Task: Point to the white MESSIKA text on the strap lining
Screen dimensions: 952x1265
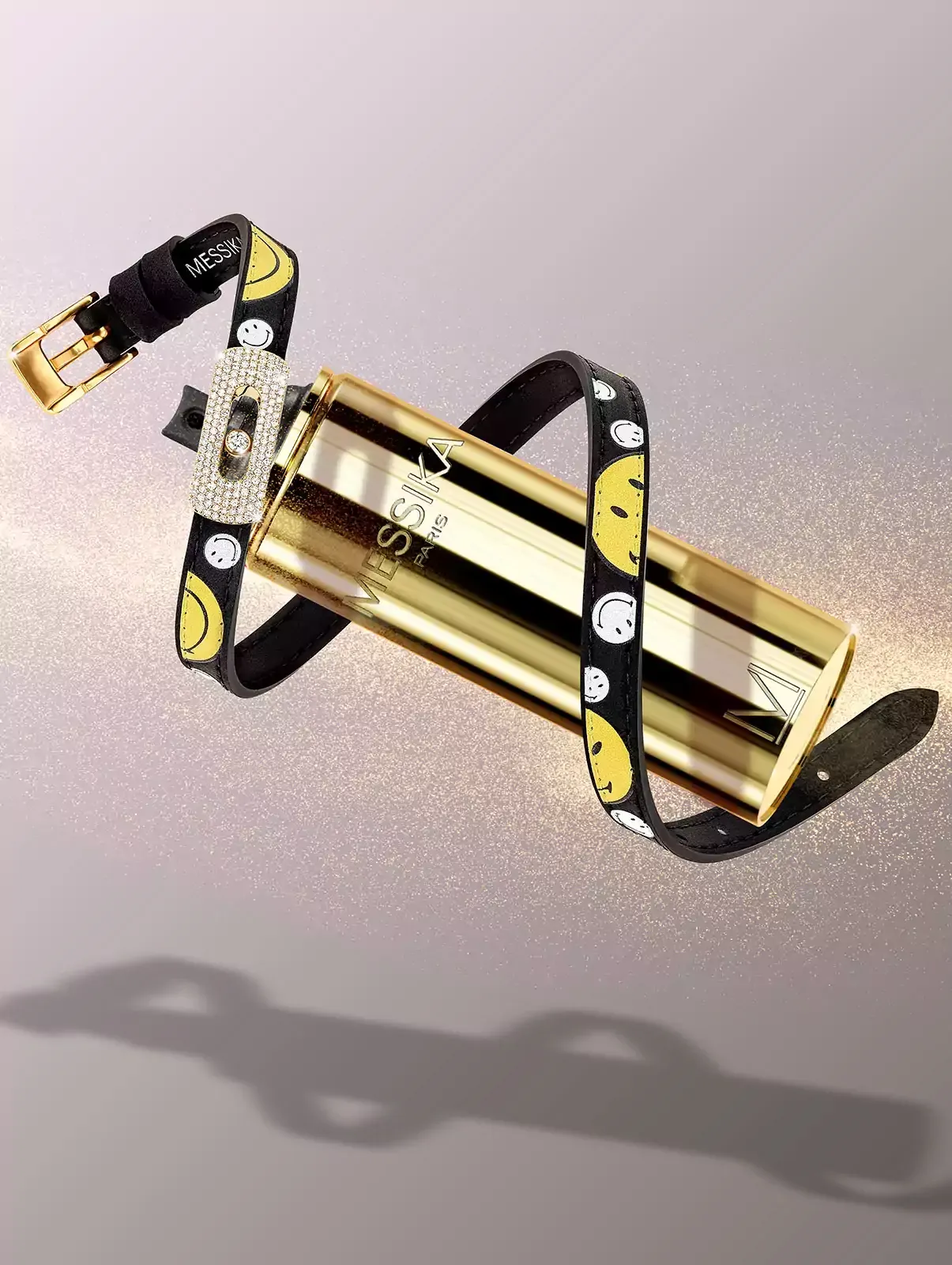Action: pos(212,254)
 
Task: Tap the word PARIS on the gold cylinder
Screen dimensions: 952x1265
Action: pos(435,540)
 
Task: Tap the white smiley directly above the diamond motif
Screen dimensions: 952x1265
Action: pos(254,334)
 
